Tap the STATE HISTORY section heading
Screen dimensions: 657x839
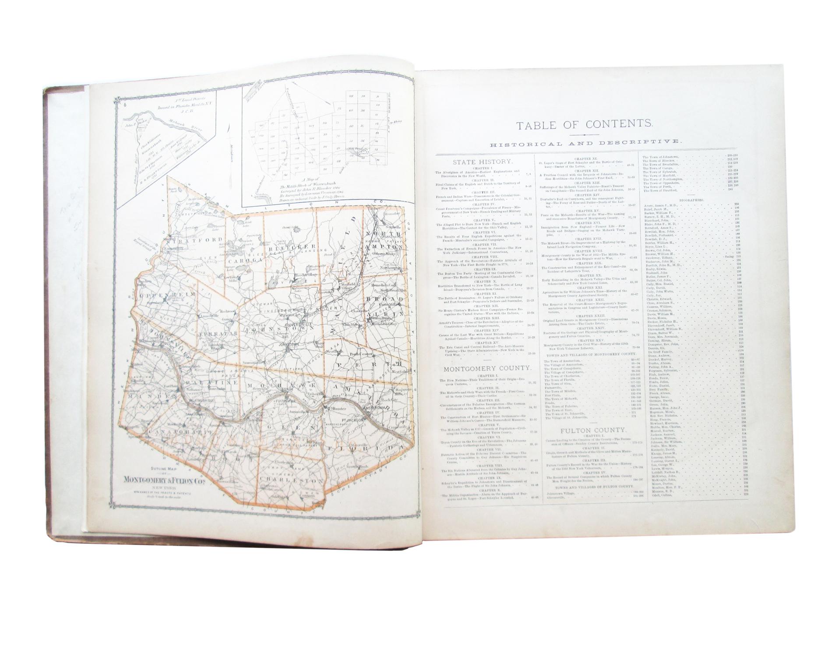point(476,162)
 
